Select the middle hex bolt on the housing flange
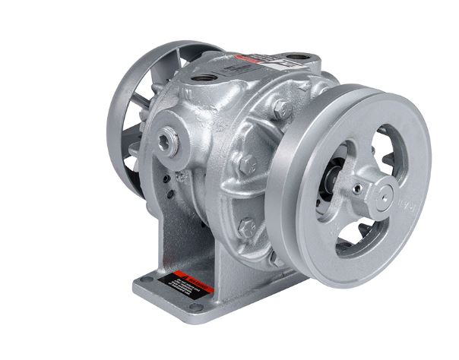pyautogui.click(x=245, y=161)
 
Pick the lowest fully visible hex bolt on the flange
pyautogui.click(x=245, y=225)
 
